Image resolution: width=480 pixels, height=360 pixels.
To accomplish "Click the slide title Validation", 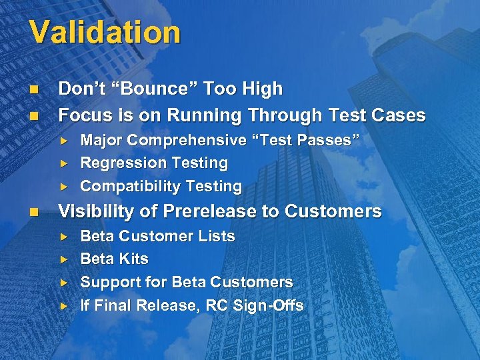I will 105,33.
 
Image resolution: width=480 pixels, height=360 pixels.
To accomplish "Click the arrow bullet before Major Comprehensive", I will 64,141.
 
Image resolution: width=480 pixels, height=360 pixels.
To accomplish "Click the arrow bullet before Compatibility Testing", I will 64,186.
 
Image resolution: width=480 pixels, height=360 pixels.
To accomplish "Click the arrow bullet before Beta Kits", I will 64,259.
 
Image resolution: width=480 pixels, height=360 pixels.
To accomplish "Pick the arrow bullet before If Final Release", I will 64,305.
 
